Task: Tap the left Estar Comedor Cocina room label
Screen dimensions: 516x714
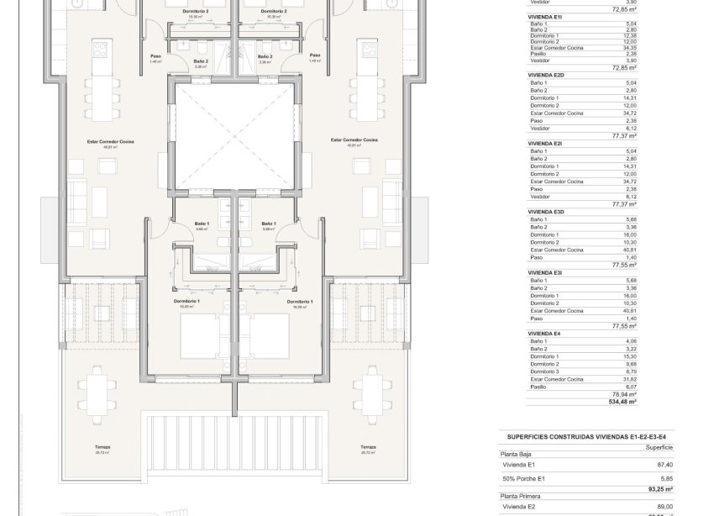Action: [108, 140]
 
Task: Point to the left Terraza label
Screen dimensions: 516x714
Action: [103, 447]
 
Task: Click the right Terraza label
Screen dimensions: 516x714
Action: [367, 447]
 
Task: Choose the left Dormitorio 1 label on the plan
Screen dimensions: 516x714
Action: [185, 301]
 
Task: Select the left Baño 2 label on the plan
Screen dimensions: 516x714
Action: [200, 61]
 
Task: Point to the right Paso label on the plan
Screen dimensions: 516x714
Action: [315, 56]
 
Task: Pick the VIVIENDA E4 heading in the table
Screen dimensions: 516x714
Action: [544, 334]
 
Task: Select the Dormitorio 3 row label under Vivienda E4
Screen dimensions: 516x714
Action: [545, 371]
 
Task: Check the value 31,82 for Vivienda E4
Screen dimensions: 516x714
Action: [629, 379]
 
